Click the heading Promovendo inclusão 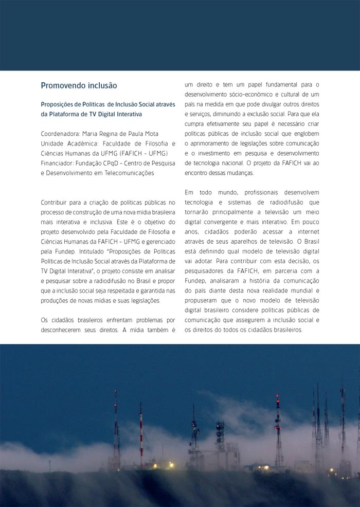pos(79,85)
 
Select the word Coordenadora pos(60,134)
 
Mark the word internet pos(307,231)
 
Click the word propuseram pos(203,300)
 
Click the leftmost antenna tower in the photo pos(116,427)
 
